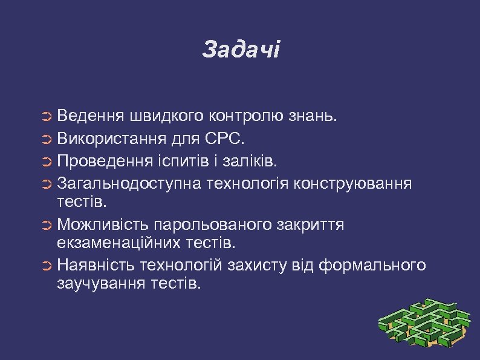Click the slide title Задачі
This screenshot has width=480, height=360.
241,50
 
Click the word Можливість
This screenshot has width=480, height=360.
103,225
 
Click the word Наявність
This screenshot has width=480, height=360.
97,265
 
